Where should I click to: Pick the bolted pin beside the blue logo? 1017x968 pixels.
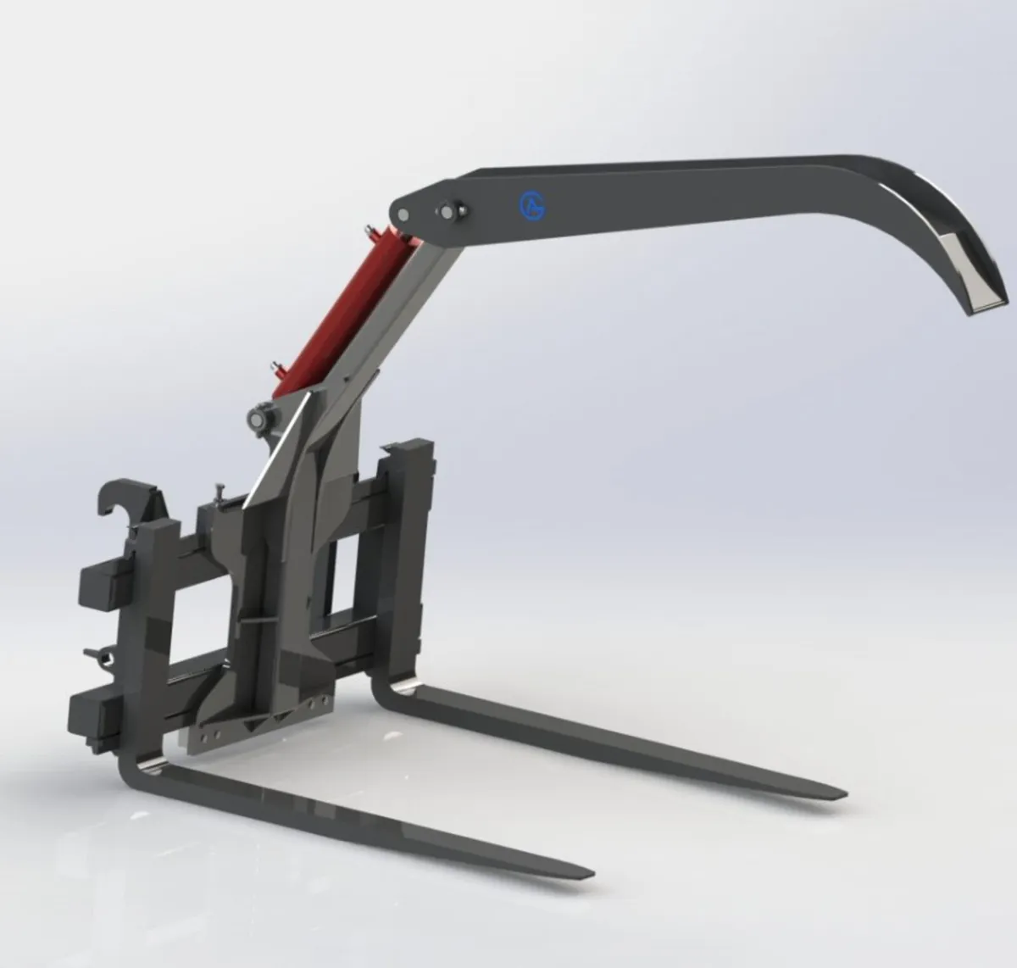[x=446, y=209]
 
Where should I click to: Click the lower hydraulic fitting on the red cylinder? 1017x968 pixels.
[x=277, y=370]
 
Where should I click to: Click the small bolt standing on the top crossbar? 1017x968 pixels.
[x=220, y=491]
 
